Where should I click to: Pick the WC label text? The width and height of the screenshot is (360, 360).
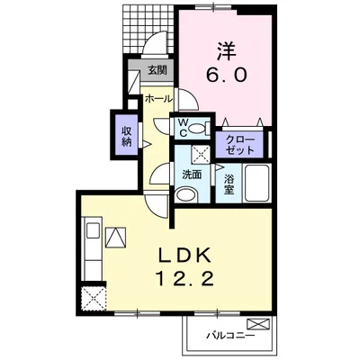pos(183,128)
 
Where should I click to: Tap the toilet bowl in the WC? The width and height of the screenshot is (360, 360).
pos(201,129)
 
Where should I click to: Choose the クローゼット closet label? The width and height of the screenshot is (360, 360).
pos(239,145)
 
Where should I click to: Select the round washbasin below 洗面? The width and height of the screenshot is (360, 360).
pos(186,194)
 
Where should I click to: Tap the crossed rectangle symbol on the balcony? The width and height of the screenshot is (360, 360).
pos(258,324)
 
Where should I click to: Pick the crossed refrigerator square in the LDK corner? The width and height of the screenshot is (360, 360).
pos(91,297)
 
